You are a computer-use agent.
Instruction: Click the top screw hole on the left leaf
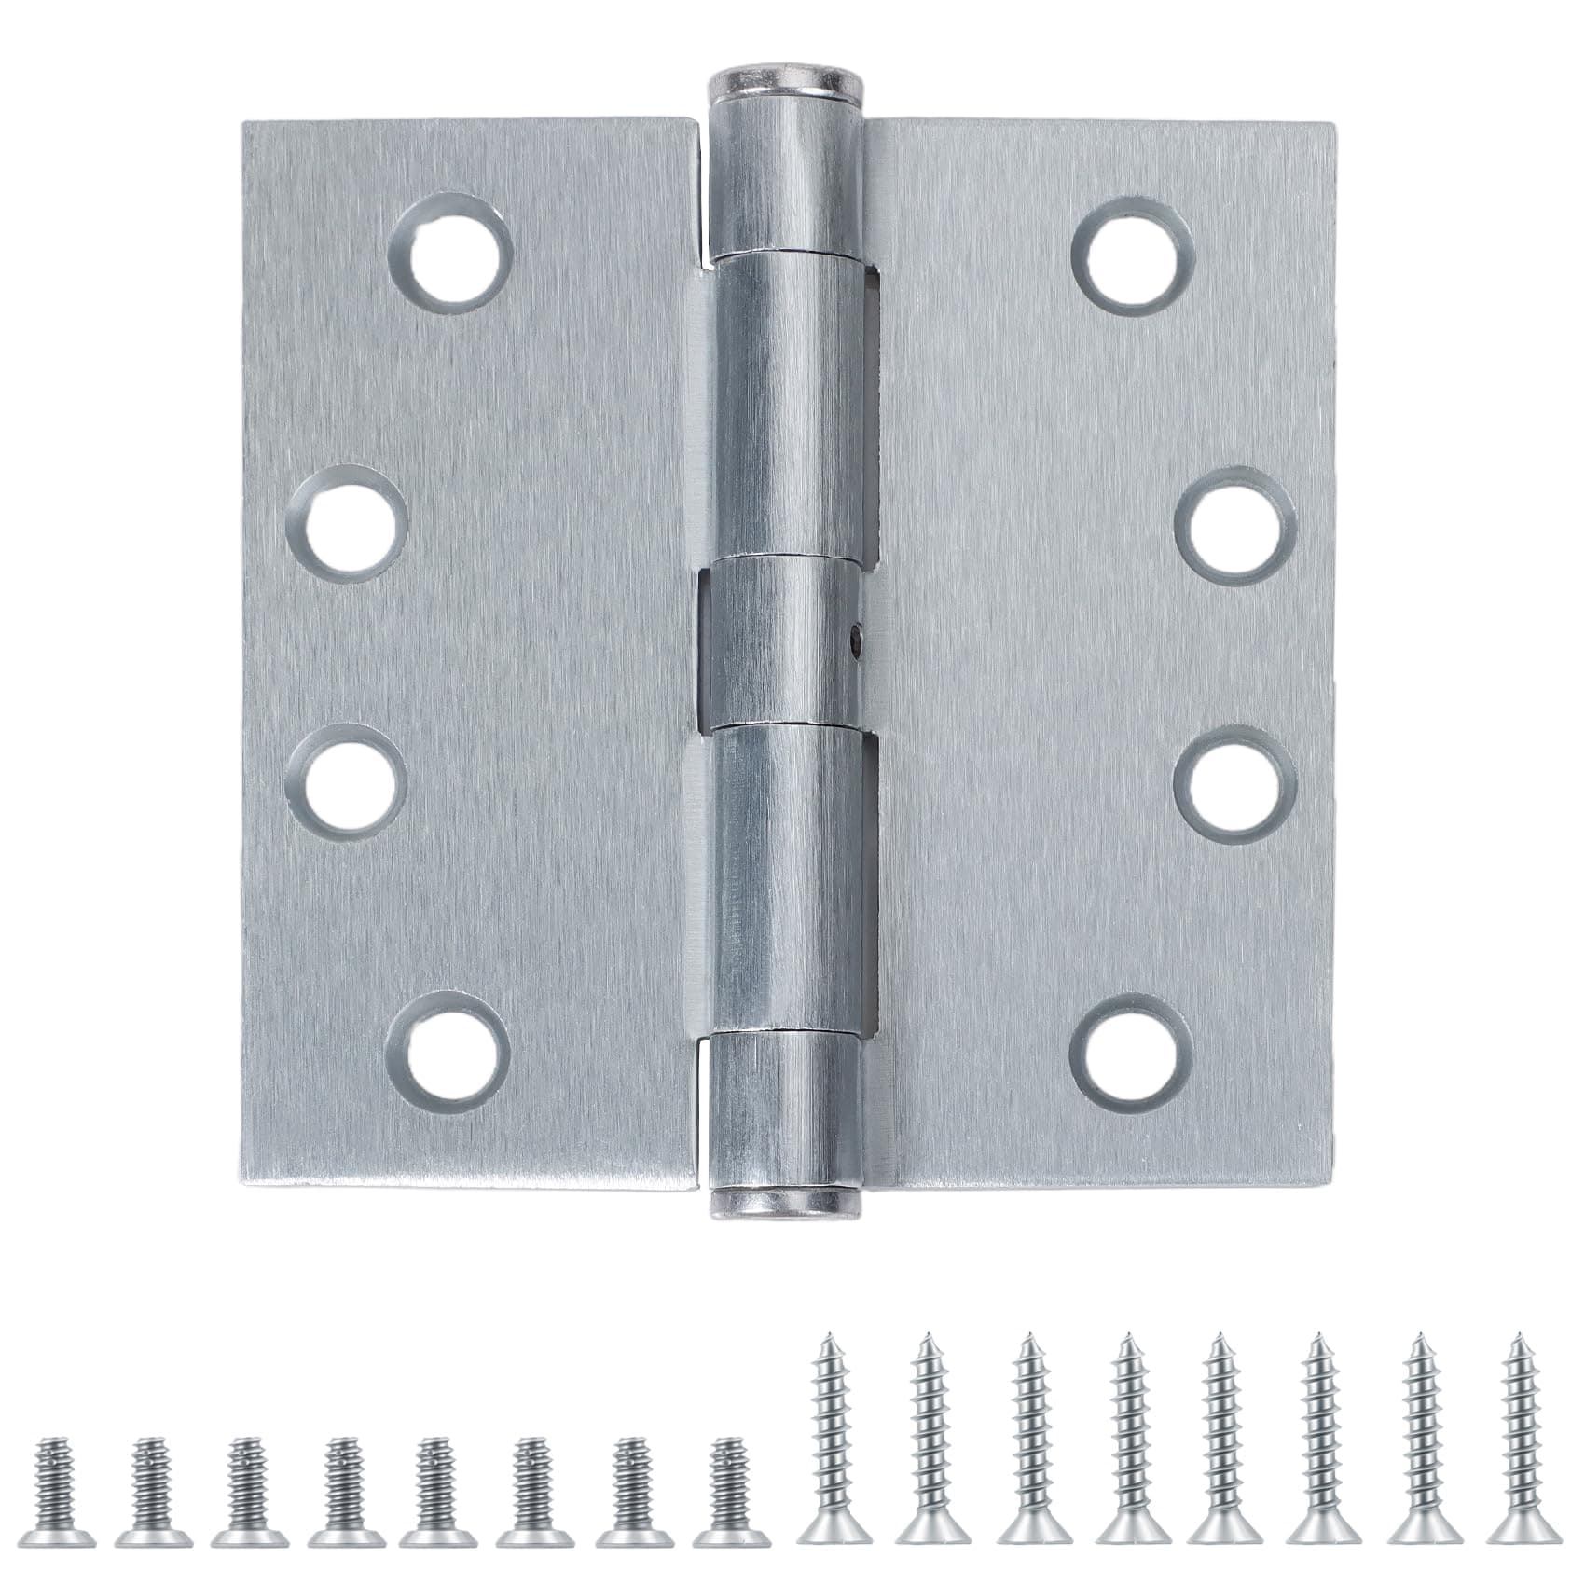click(452, 252)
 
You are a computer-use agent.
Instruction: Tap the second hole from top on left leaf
click(348, 524)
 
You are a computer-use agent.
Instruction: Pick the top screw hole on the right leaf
click(1133, 255)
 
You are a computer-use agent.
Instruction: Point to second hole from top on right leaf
click(1235, 526)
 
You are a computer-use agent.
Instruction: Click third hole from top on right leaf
click(1235, 783)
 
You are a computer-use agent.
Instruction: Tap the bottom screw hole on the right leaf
click(1130, 1054)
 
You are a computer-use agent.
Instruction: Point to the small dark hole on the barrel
click(855, 640)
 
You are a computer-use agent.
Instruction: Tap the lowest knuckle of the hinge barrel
click(788, 1109)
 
